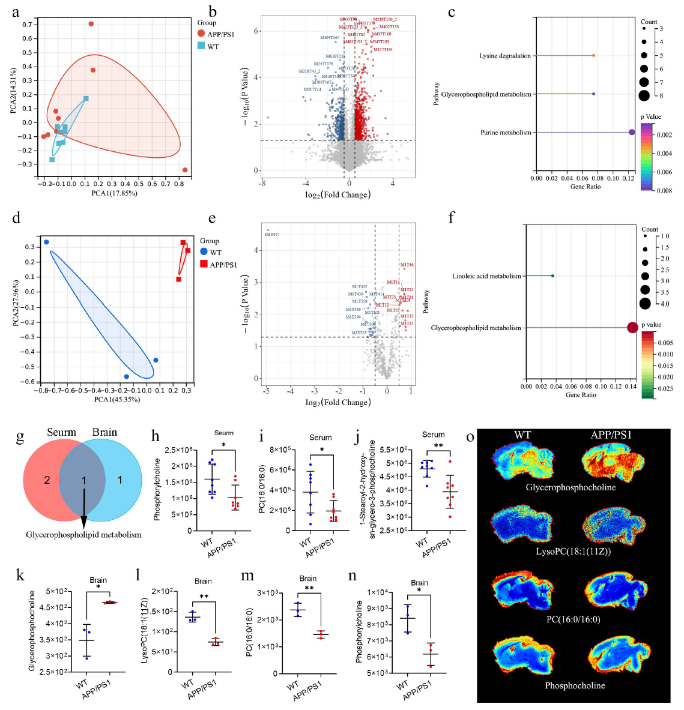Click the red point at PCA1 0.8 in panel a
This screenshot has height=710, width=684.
185,170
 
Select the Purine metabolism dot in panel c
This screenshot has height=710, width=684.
632,132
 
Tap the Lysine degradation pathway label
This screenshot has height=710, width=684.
504,56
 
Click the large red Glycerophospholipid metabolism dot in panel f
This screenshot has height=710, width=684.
632,328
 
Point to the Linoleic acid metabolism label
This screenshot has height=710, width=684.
486,276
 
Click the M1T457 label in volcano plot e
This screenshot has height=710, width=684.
272,235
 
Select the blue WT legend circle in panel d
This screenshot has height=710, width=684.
204,252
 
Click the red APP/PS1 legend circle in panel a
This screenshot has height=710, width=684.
201,34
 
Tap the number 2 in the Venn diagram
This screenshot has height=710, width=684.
47,480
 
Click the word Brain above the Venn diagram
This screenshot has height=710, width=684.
104,432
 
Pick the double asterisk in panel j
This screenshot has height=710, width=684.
438,446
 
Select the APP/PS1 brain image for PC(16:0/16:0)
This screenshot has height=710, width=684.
611,592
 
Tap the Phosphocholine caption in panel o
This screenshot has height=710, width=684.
575,685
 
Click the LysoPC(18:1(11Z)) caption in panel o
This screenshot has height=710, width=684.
573,551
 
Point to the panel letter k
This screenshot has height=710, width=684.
20,576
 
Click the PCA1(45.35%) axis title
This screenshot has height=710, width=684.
117,399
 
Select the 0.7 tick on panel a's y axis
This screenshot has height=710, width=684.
27,25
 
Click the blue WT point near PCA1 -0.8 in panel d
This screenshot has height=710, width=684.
46,242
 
